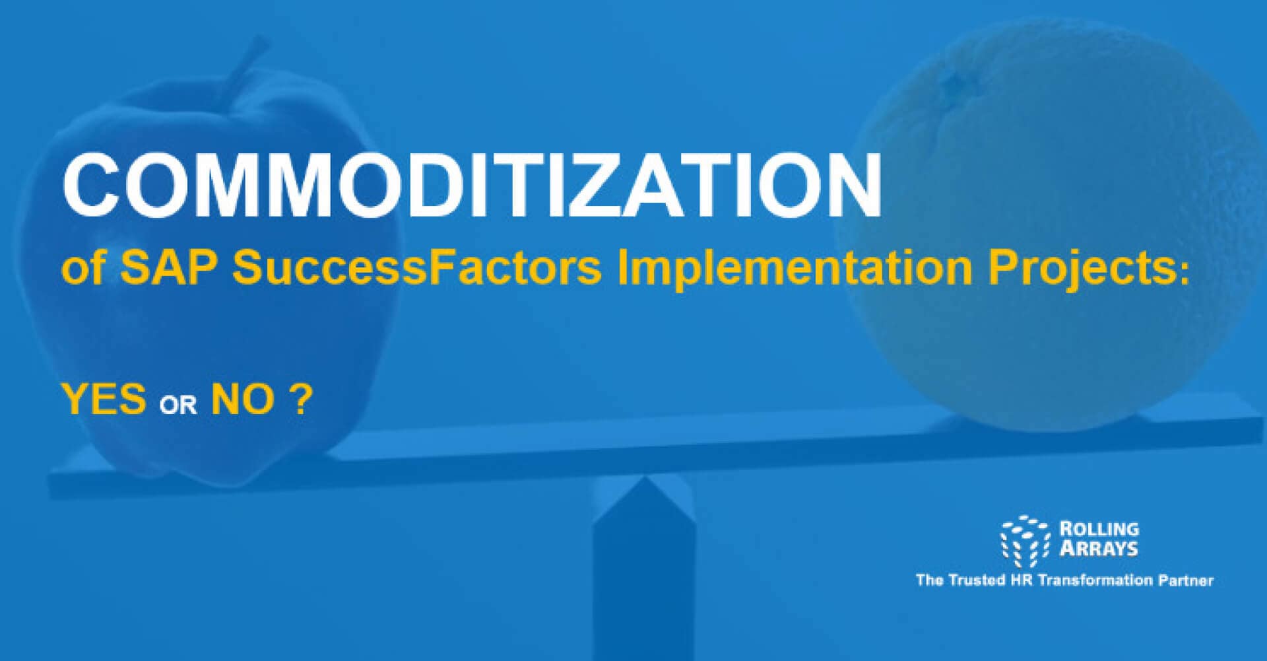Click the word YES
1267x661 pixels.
pos(104,400)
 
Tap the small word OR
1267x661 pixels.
pos(178,404)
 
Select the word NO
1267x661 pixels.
pos(242,400)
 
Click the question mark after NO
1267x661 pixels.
pos(299,399)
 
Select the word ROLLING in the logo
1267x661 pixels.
pos(1099,529)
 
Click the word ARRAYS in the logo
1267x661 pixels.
pos(1099,549)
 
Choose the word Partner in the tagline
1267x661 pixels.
pos(1186,580)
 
